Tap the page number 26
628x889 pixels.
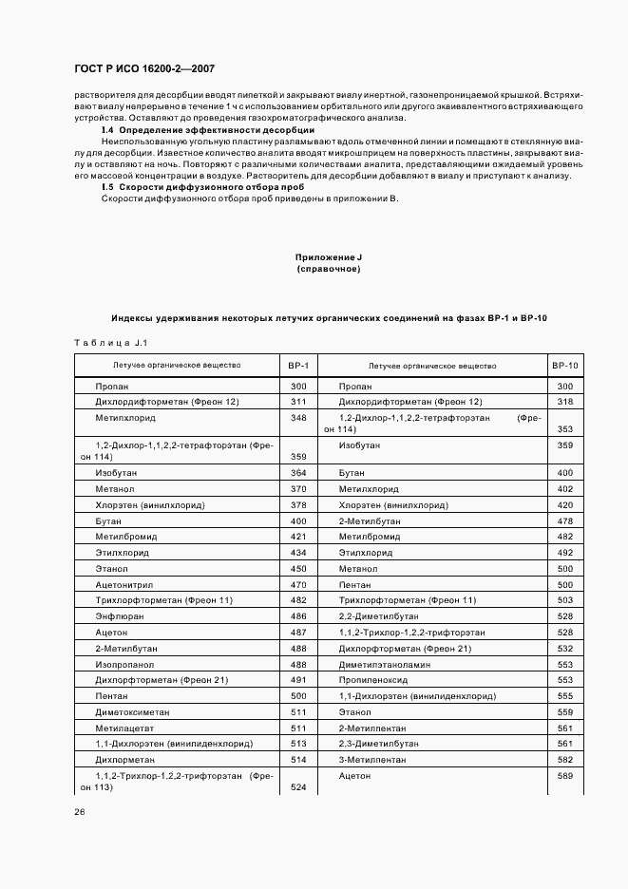click(80, 811)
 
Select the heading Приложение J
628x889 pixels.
click(329, 257)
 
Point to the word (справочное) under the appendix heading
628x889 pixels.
click(329, 270)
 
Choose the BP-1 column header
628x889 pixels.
click(298, 365)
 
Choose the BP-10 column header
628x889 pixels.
click(564, 365)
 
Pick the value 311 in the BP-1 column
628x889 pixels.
click(298, 402)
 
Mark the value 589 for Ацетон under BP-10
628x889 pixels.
click(564, 776)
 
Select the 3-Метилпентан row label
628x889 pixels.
click(372, 760)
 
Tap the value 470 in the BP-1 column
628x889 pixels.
click(298, 584)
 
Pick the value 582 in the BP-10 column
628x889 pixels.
click(564, 760)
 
